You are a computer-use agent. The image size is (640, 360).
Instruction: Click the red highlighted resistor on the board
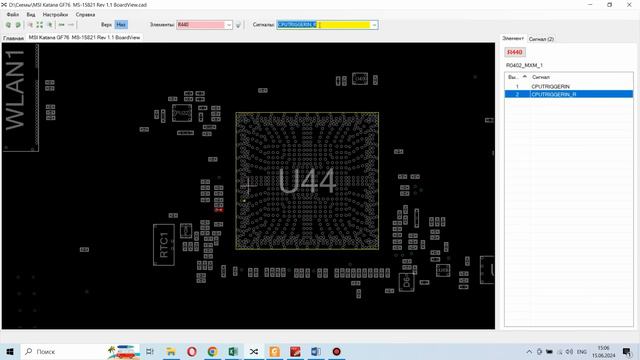click(218, 209)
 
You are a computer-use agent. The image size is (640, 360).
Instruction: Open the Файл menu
click(12, 15)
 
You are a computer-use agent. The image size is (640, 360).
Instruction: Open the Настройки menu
click(55, 15)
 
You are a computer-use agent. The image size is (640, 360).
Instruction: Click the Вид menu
click(31, 15)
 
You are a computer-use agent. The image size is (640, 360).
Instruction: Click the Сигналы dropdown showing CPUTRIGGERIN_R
click(326, 25)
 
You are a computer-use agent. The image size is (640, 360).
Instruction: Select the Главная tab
click(13, 37)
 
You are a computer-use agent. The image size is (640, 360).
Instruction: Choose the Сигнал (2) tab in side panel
click(541, 38)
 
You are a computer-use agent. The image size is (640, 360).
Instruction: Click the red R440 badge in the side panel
click(515, 51)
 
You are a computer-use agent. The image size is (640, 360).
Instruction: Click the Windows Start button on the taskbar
click(9, 352)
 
